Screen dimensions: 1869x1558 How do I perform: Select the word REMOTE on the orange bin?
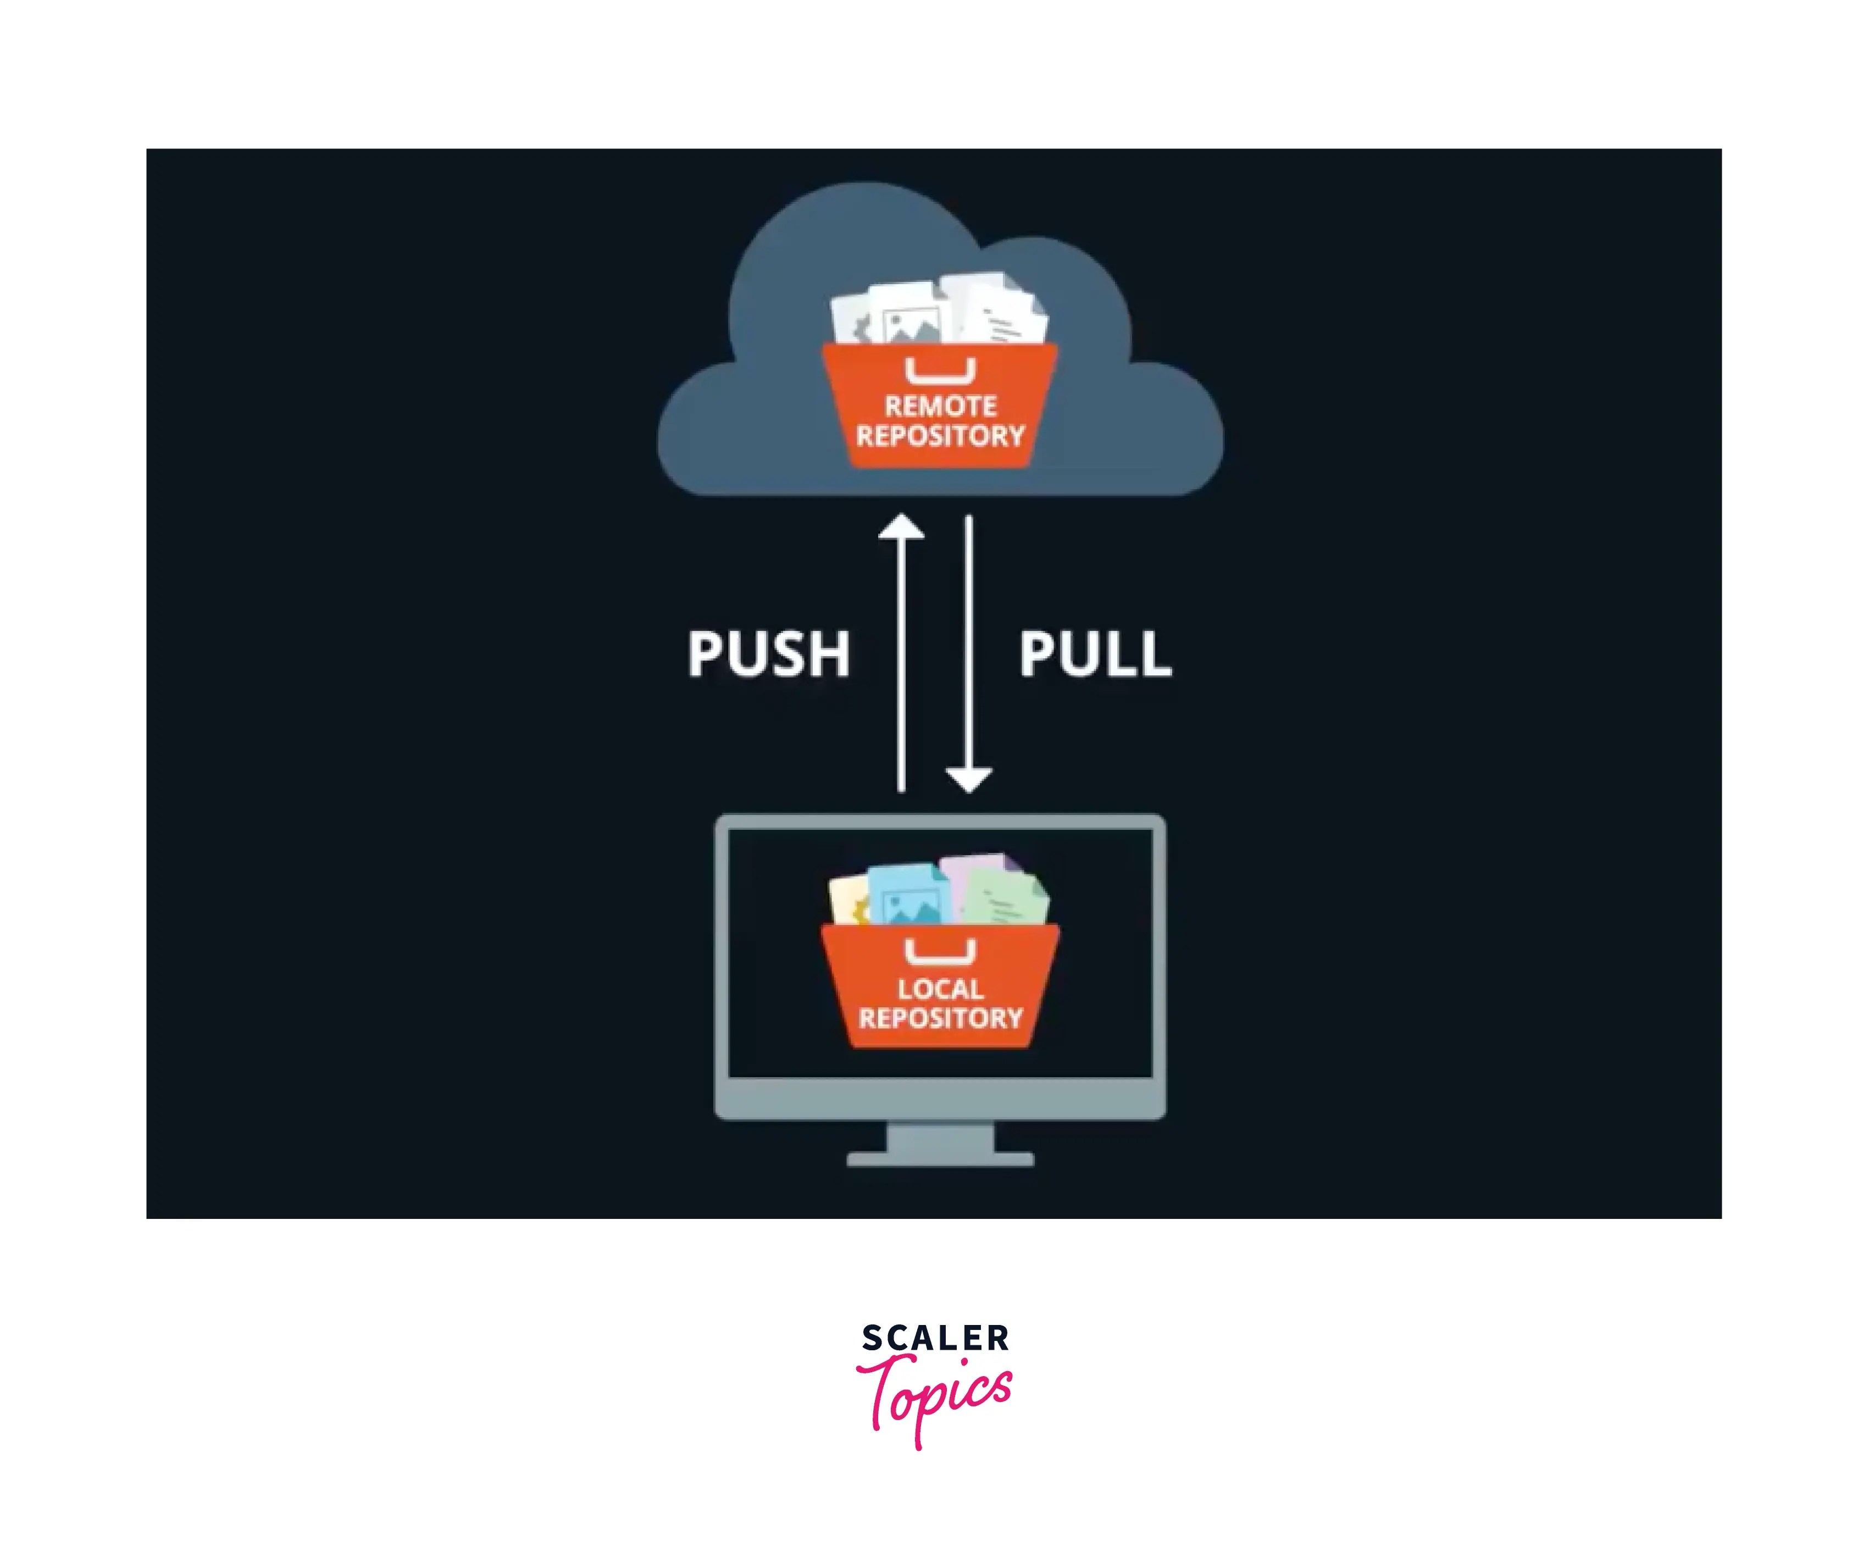tap(940, 407)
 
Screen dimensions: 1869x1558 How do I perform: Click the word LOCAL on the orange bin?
tap(940, 989)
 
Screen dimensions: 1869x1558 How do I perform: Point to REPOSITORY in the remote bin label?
tap(940, 436)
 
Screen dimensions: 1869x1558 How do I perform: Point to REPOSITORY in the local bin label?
tap(940, 1018)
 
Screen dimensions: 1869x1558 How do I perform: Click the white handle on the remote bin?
tap(940, 371)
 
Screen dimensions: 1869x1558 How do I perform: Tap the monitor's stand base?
tap(940, 1158)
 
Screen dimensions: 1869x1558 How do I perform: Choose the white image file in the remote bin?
tap(908, 316)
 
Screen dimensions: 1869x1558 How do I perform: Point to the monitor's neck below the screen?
tap(940, 1136)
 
